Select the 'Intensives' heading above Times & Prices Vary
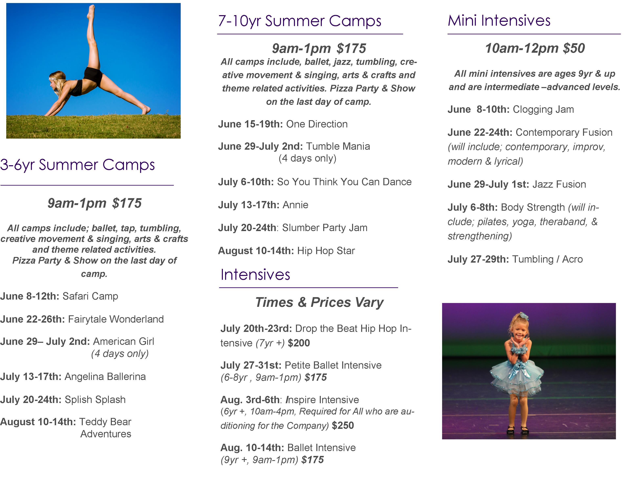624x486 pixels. click(x=255, y=275)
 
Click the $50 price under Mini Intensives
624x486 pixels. click(x=574, y=48)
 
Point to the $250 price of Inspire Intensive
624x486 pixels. click(x=343, y=425)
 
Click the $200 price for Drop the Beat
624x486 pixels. click(x=299, y=343)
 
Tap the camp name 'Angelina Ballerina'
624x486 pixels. click(x=105, y=377)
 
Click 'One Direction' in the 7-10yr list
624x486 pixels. click(x=317, y=124)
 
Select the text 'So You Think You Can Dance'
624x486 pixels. click(x=344, y=182)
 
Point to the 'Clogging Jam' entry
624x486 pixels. click(x=543, y=109)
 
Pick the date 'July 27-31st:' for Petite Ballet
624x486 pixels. click(x=251, y=365)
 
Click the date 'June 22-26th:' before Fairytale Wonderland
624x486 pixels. click(x=33, y=319)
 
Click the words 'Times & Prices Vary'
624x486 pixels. click(x=319, y=302)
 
